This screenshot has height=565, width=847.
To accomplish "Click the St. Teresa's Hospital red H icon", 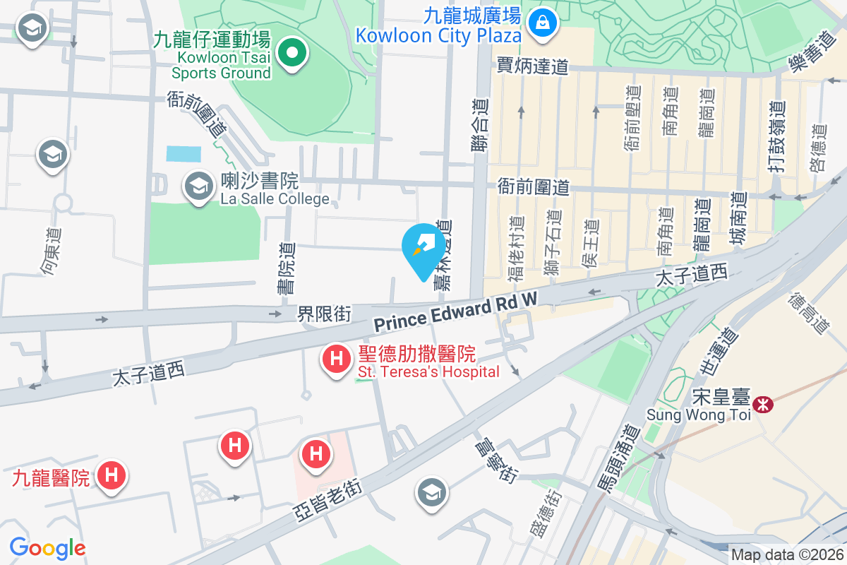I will (337, 359).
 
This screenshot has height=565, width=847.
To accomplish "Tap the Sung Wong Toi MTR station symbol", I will (762, 405).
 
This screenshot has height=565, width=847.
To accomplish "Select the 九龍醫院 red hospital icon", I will (111, 475).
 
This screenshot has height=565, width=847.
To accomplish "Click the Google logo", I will (47, 548).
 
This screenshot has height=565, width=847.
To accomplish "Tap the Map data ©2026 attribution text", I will (787, 555).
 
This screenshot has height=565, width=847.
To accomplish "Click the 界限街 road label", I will (324, 313).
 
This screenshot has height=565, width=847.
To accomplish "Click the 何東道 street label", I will (50, 251).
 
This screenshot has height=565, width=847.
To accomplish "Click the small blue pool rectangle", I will (184, 154).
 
